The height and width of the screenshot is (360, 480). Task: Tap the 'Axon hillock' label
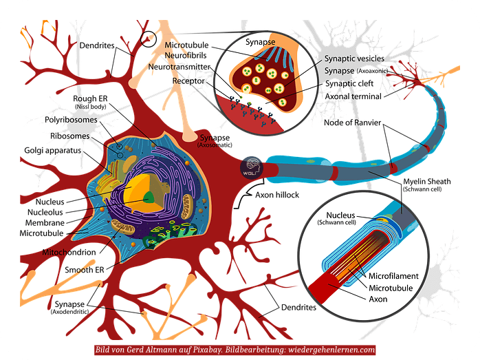[x=279, y=195]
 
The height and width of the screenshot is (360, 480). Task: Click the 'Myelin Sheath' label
[x=427, y=182]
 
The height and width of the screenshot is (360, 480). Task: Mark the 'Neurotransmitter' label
[x=181, y=67]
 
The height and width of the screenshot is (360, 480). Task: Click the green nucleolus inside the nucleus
[x=149, y=198]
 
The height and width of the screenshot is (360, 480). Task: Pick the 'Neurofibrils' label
[x=186, y=56]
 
